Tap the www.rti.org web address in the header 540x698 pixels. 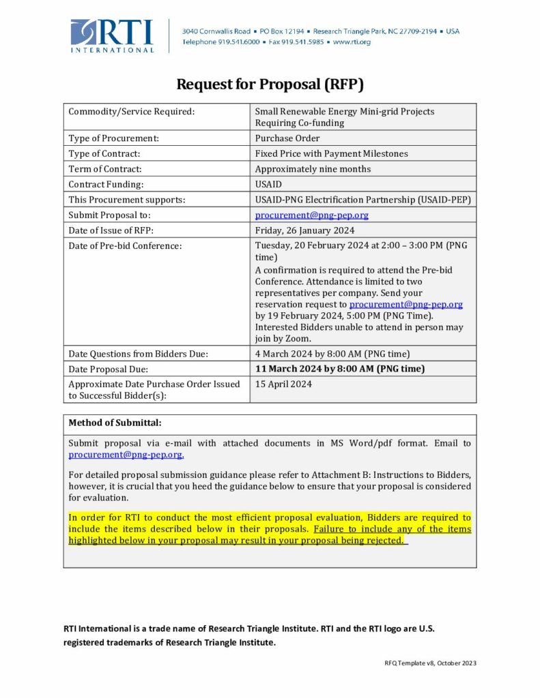coord(352,42)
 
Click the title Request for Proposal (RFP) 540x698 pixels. coord(270,85)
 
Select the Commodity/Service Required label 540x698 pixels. coord(132,111)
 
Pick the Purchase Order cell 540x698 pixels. coord(287,138)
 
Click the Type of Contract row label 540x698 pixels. coord(104,153)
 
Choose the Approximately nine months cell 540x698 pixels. coord(313,169)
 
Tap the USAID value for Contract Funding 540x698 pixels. coord(268,184)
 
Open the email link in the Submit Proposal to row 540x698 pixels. coord(312,215)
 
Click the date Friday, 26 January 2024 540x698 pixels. coord(304,230)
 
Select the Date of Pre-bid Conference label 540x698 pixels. coord(125,245)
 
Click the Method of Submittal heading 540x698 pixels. coord(115,423)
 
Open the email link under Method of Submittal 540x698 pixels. coord(126,455)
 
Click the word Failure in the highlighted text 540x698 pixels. coord(330,529)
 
